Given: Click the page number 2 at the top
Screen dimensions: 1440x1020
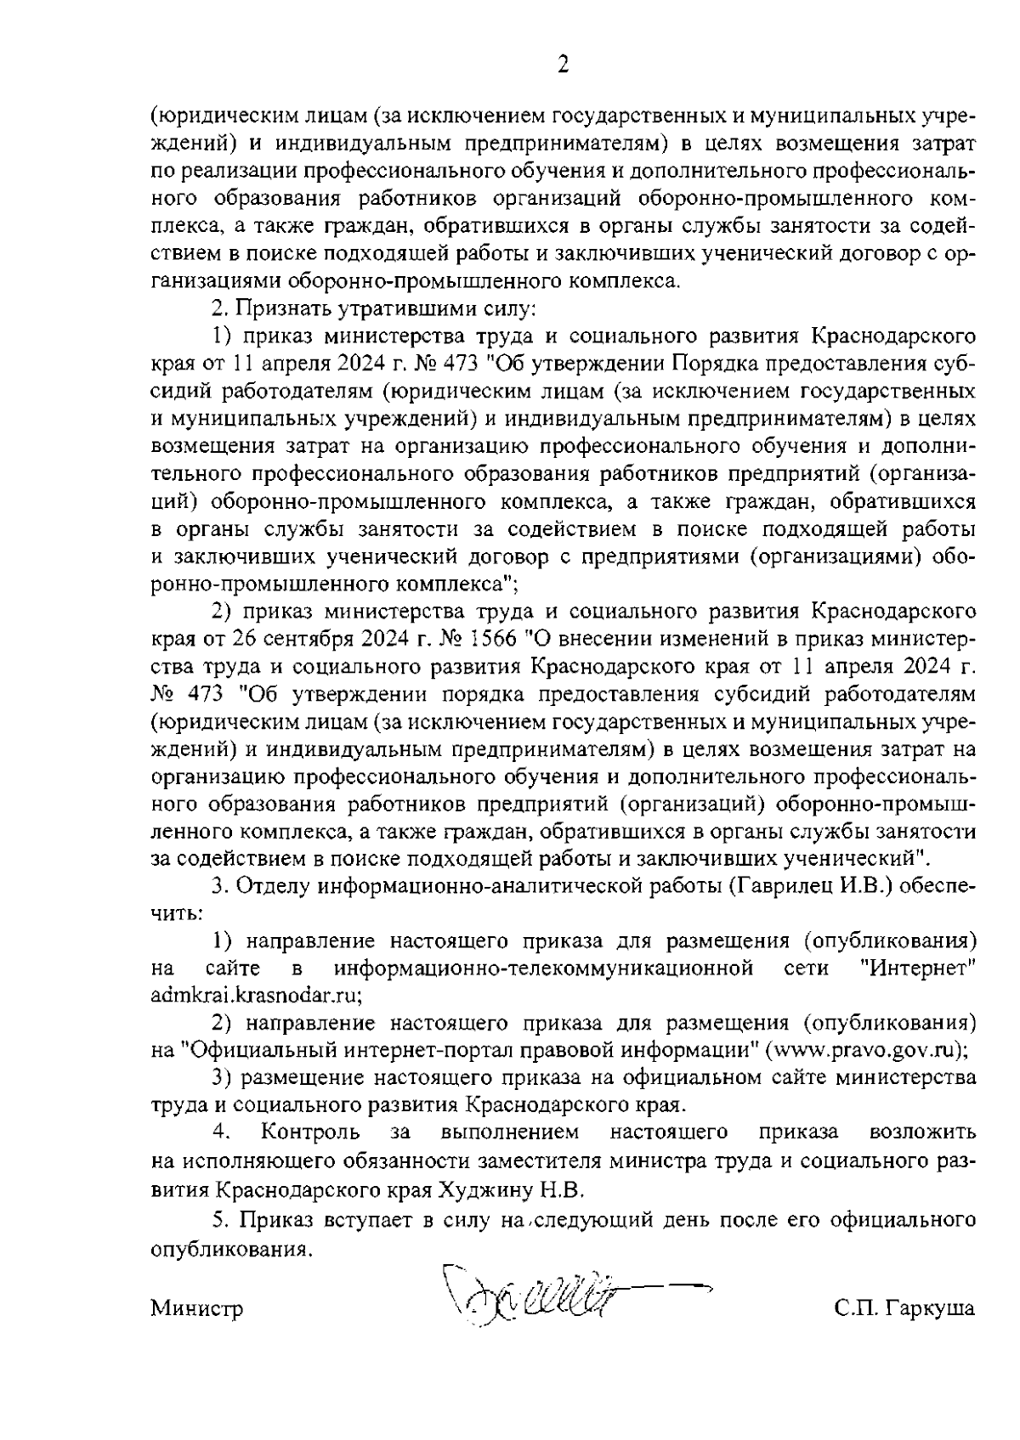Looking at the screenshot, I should (x=561, y=65).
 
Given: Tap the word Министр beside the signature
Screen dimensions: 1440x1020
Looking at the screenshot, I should (x=197, y=1308).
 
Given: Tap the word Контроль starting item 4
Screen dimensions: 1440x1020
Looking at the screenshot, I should (x=311, y=1132).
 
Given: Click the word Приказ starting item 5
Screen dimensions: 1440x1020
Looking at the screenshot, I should (x=273, y=1221).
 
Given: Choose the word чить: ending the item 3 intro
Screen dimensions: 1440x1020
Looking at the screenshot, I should (x=175, y=914).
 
